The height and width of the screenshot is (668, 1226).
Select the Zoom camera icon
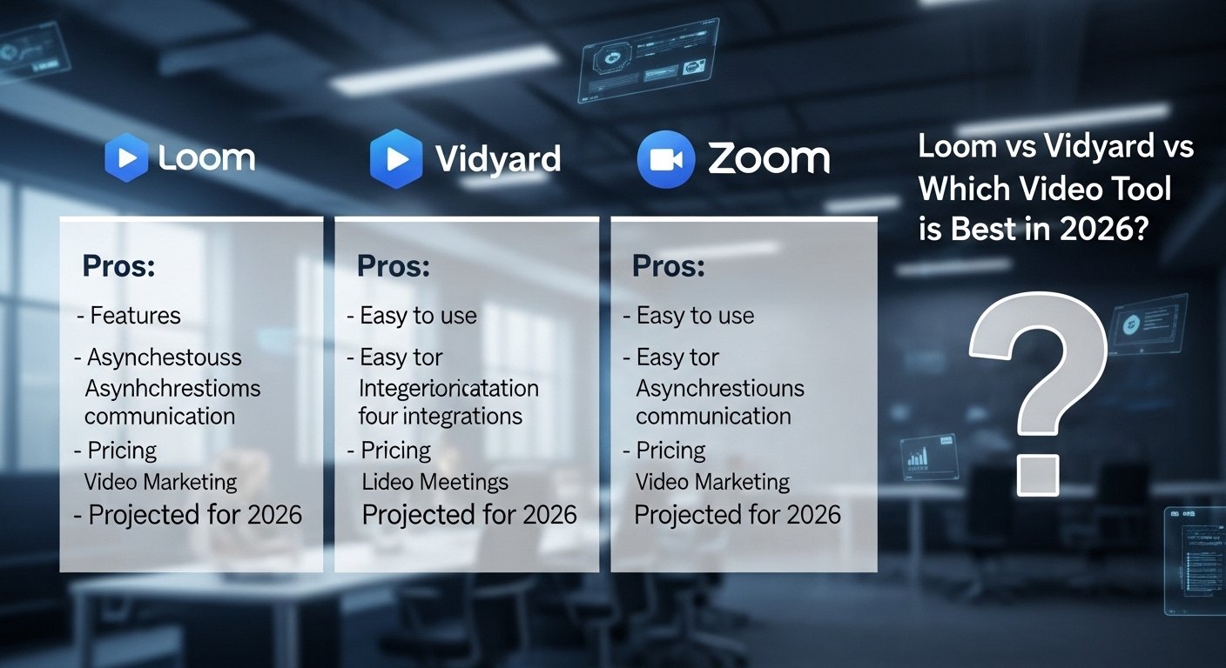pos(666,159)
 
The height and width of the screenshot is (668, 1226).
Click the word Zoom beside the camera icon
pos(768,158)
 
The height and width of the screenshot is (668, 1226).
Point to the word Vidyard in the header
pos(497,159)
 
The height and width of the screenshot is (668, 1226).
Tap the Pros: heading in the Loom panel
pos(118,266)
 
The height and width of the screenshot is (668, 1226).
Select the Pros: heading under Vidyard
pos(394,266)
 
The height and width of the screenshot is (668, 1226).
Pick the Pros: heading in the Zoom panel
pos(669,266)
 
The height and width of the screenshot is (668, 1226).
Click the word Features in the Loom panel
pos(135,315)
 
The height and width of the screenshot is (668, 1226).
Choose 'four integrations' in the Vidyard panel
pos(440,416)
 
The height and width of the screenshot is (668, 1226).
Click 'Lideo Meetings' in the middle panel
pos(434,482)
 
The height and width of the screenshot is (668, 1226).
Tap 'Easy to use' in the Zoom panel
pos(695,315)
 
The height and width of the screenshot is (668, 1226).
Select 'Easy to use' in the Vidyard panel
pos(418,315)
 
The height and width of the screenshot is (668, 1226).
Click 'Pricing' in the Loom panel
pos(122,451)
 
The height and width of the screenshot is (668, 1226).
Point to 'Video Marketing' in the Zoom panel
pos(712,482)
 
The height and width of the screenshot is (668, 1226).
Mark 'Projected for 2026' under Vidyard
pos(469,515)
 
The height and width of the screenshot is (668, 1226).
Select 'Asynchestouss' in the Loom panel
pos(164,357)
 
